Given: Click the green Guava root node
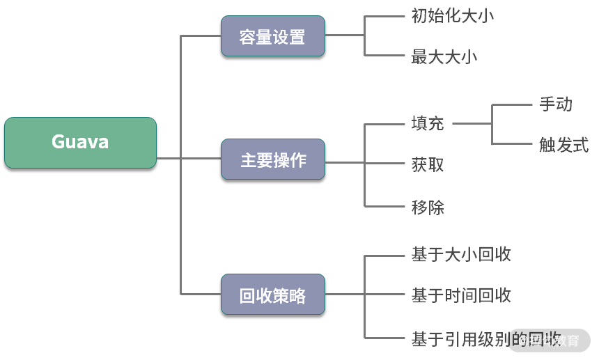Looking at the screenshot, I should (x=80, y=143).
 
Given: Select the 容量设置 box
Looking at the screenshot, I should (x=272, y=36).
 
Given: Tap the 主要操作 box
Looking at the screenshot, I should (x=272, y=160).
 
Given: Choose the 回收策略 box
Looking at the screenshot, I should (x=272, y=296).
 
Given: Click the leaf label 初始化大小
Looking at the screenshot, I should (x=453, y=15).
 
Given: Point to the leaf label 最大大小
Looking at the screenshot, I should (x=444, y=56).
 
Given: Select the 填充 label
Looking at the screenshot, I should (x=428, y=125).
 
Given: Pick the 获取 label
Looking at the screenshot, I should (x=428, y=166).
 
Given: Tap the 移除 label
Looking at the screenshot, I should (x=428, y=207).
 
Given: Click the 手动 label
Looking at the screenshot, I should (x=556, y=104).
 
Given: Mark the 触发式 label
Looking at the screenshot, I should (x=563, y=145).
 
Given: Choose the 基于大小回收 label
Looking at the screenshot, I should (x=461, y=254).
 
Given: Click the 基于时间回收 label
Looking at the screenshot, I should (x=461, y=295).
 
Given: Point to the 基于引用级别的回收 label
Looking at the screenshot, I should (x=486, y=339).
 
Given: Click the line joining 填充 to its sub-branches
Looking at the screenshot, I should (x=472, y=125).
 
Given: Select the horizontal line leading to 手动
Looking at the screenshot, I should (x=512, y=104).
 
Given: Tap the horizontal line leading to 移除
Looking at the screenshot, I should (x=384, y=207).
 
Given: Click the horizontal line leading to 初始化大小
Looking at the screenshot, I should (x=384, y=15).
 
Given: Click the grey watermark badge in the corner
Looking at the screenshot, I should (x=550, y=341).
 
